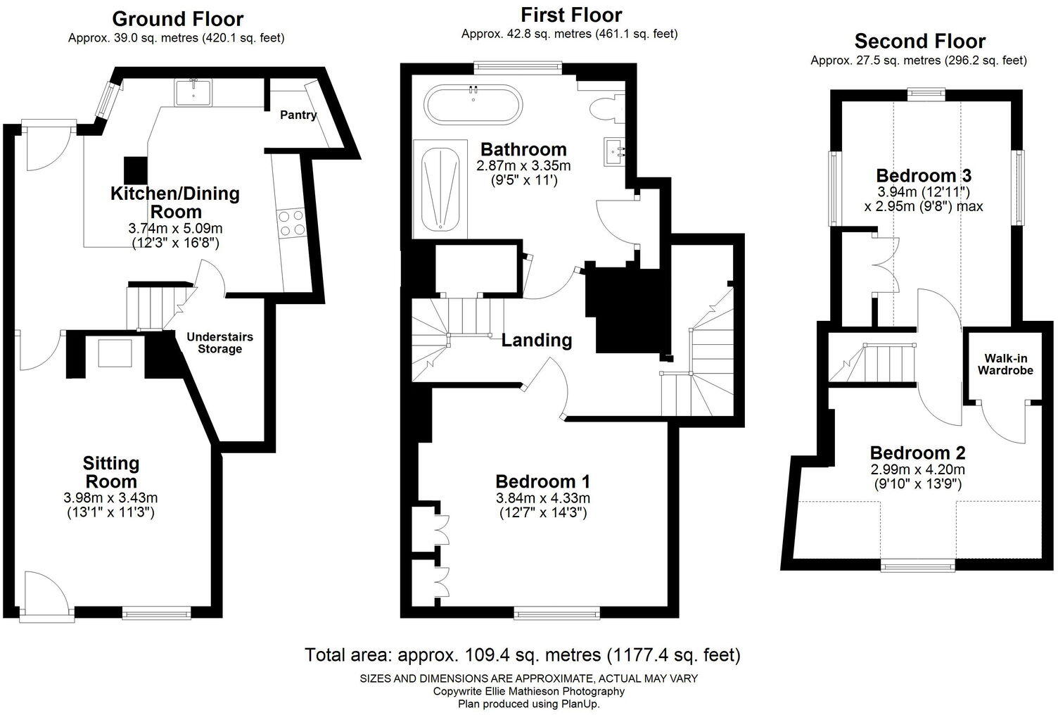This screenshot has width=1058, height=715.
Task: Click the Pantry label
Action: pyautogui.click(x=298, y=115)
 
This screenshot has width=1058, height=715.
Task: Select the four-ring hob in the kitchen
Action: pyautogui.click(x=292, y=222)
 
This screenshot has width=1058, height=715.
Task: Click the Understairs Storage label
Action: pyautogui.click(x=219, y=343)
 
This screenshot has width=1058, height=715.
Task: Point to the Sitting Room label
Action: pyautogui.click(x=110, y=472)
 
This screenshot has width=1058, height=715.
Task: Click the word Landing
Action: pyautogui.click(x=537, y=341)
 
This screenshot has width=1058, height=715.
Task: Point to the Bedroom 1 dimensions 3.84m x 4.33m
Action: pyautogui.click(x=542, y=498)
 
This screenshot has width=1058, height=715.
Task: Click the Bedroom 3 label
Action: pyautogui.click(x=924, y=175)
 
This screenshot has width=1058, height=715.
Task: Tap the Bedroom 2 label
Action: pyautogui.click(x=917, y=453)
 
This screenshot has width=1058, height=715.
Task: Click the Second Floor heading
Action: pyautogui.click(x=919, y=41)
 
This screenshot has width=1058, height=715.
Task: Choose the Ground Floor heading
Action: pyautogui.click(x=177, y=19)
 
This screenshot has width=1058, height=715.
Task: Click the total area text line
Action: pyautogui.click(x=522, y=655)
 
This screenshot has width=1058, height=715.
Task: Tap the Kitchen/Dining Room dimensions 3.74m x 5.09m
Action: pyautogui.click(x=175, y=229)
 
